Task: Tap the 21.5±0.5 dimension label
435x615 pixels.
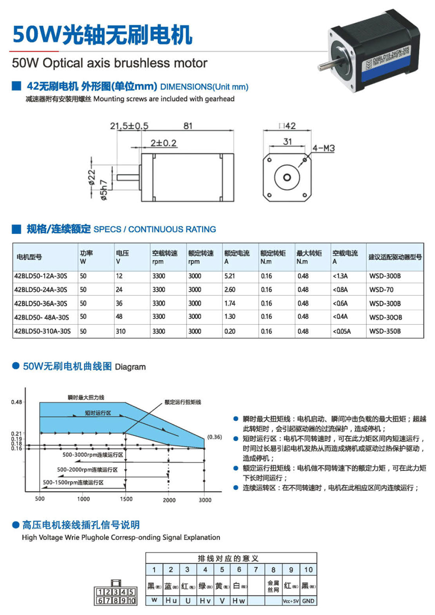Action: pos(129,126)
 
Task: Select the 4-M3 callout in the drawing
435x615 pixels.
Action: pos(323,148)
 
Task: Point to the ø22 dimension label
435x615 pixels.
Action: pos(92,177)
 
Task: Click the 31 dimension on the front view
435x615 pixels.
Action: pos(288,142)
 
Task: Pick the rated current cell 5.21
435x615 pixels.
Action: pos(230,276)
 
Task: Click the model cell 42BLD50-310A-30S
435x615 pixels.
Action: pos(42,331)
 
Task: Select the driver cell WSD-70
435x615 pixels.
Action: pos(381,289)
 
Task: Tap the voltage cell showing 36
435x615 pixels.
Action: pos(119,303)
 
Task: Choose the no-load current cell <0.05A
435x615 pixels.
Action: pos(341,331)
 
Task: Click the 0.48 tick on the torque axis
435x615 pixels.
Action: pos(17,402)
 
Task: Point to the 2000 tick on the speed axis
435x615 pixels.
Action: pos(169,500)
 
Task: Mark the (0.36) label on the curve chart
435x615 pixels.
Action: pos(214,437)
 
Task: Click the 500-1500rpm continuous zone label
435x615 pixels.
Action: pos(73,482)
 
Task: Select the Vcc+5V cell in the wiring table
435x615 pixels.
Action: pos(291,601)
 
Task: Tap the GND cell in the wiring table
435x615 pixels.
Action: pos(308,601)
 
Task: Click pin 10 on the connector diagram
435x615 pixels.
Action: pos(131,601)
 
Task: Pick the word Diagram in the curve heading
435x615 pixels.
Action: pos(130,367)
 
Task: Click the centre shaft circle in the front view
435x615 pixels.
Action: pos(287,177)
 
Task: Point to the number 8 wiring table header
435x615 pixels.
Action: pos(273,570)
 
